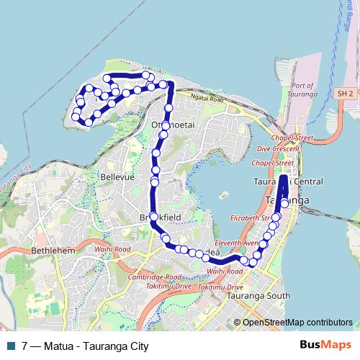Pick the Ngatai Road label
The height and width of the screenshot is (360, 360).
[x=207, y=99]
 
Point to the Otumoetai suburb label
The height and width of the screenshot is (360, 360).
[x=172, y=125]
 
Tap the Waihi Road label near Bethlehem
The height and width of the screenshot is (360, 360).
[x=111, y=250]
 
